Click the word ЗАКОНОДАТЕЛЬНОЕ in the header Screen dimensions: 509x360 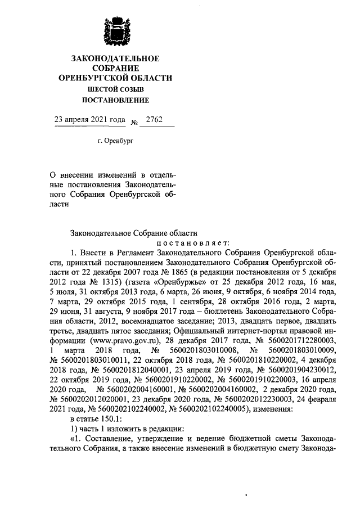pos(115,58)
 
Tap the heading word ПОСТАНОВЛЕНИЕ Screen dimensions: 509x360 pos(116,101)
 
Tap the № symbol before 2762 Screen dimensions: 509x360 pos(134,121)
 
